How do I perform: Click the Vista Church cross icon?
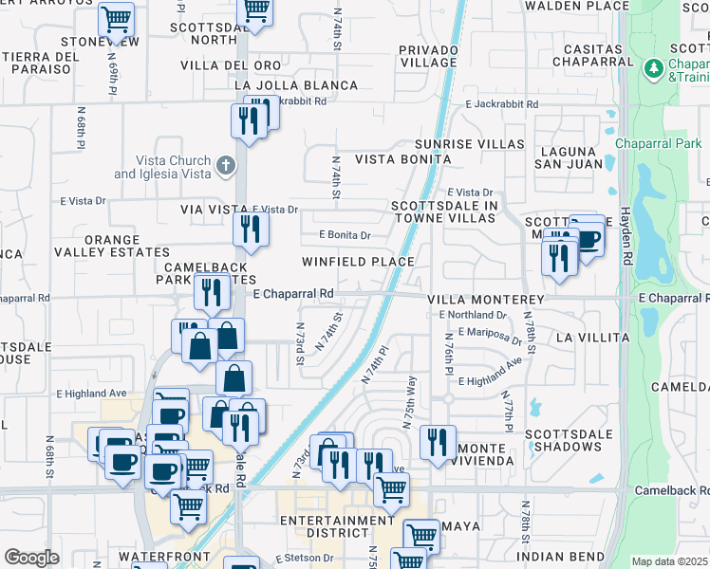[225, 166]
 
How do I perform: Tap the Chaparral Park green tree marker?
[653, 68]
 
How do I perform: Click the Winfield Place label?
[358, 262]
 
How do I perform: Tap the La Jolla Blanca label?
[282, 85]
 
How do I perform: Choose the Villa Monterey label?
[486, 300]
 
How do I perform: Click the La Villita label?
[592, 338]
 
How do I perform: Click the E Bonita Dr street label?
[345, 234]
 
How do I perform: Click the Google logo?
[31, 557]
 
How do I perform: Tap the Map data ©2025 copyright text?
[670, 561]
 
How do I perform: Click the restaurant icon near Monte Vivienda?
[438, 442]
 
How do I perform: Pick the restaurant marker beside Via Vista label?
[251, 229]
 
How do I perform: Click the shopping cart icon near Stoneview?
[116, 18]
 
